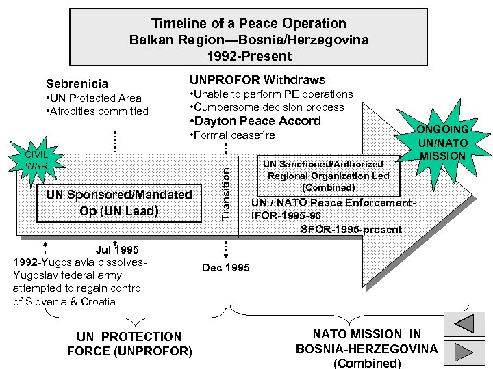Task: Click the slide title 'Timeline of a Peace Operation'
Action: pyautogui.click(x=249, y=24)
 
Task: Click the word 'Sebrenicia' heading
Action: pyautogui.click(x=77, y=84)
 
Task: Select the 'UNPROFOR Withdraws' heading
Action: pyautogui.click(x=257, y=80)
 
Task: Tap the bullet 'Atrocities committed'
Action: pyautogui.click(x=97, y=111)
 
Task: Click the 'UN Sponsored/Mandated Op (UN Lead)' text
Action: pyautogui.click(x=118, y=202)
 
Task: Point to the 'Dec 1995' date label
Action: pyautogui.click(x=226, y=267)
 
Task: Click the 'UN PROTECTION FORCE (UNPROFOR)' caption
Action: pyautogui.click(x=129, y=344)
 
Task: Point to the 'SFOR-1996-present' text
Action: pyautogui.click(x=351, y=229)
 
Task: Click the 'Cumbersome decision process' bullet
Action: pyautogui.click(x=266, y=107)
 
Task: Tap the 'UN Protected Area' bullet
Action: pyautogui.click(x=93, y=98)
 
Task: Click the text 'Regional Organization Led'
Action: pyautogui.click(x=328, y=176)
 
